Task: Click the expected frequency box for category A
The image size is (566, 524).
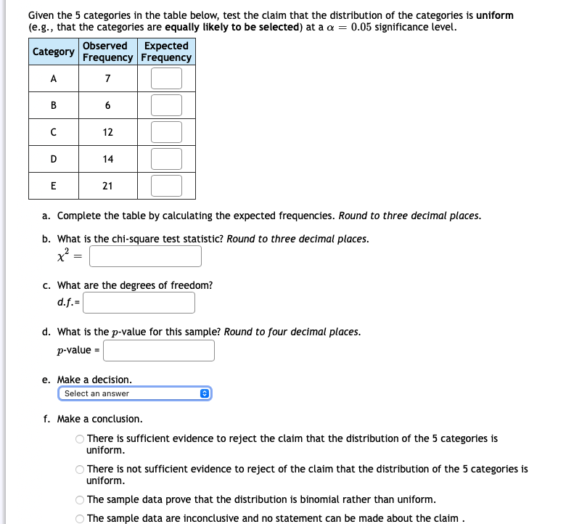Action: [166, 78]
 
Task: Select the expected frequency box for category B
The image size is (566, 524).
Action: [166, 105]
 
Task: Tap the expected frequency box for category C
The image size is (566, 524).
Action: [166, 132]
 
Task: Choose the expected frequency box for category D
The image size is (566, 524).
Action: [166, 158]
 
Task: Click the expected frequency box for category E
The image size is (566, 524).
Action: [166, 185]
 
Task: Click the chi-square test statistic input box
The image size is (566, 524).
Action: [146, 256]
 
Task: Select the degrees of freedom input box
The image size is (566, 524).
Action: [139, 303]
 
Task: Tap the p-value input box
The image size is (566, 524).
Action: [159, 351]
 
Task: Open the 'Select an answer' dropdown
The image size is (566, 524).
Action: [135, 393]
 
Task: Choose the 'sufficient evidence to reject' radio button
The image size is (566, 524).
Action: [80, 439]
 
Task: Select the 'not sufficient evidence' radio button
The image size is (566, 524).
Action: [80, 470]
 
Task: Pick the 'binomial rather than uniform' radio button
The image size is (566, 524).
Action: [80, 500]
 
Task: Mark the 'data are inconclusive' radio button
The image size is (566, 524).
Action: [80, 518]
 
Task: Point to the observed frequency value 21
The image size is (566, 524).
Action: [107, 186]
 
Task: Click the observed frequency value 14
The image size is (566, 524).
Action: [107, 159]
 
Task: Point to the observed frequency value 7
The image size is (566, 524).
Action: [107, 78]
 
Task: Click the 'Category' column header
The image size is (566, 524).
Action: [54, 52]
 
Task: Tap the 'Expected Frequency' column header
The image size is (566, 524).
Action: [166, 52]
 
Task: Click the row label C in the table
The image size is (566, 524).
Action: [54, 132]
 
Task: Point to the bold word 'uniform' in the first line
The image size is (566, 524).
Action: [494, 15]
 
